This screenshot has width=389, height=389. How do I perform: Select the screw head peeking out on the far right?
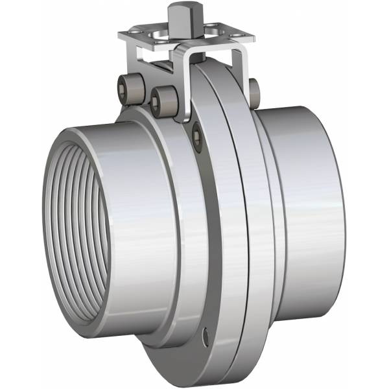click(x=253, y=88)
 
